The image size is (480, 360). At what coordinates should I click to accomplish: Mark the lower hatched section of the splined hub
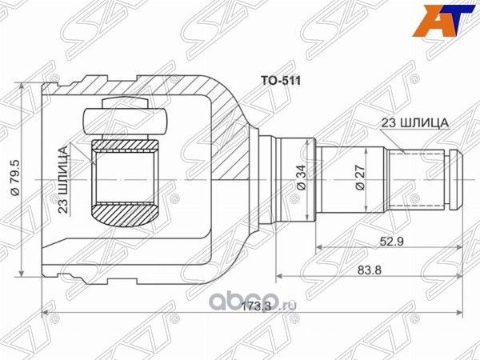(125, 214)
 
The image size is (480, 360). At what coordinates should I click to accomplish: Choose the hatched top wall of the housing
(144, 84)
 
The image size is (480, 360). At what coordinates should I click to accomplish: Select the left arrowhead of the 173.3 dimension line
(46, 312)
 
